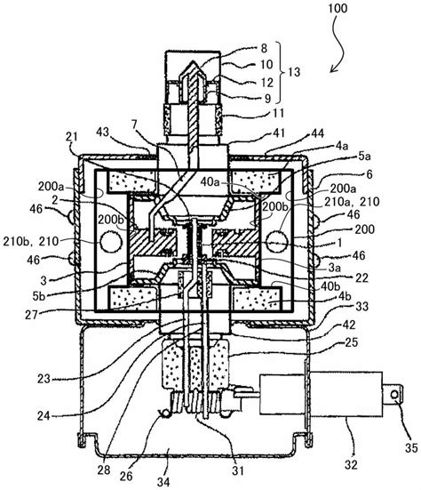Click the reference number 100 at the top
pos(338,8)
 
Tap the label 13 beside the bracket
pos(294,71)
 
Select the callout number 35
pos(411,448)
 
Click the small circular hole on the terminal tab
pos(394,395)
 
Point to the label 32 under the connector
pos(351,465)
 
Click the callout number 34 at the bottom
pos(163,481)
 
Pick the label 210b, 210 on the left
pos(31,241)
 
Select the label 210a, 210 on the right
pos(352,202)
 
